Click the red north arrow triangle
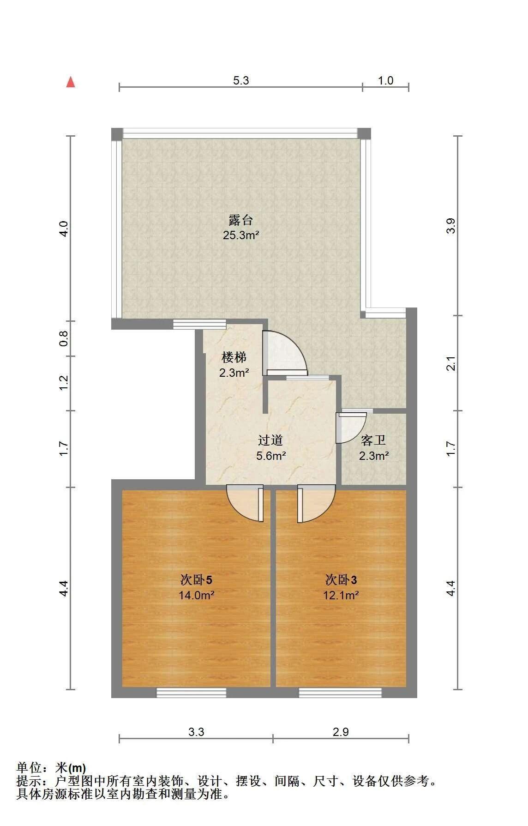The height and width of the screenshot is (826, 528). pyautogui.click(x=71, y=82)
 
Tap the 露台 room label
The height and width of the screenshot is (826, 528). pyautogui.click(x=240, y=220)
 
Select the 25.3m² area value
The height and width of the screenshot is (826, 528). pyautogui.click(x=240, y=235)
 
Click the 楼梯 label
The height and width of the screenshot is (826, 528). pyautogui.click(x=234, y=357)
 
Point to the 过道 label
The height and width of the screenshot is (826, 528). pyautogui.click(x=271, y=440)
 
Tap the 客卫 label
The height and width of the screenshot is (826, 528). pyautogui.click(x=373, y=440)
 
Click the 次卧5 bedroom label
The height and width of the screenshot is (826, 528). pyautogui.click(x=196, y=579)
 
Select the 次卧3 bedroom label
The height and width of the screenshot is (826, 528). pyautogui.click(x=341, y=579)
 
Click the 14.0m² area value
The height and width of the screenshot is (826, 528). pyautogui.click(x=196, y=595)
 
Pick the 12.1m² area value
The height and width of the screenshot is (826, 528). pyautogui.click(x=341, y=595)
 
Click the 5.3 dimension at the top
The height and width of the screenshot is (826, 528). pyautogui.click(x=241, y=81)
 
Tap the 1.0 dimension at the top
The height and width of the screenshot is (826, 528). pyautogui.click(x=386, y=81)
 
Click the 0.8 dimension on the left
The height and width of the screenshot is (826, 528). pyautogui.click(x=64, y=338)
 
